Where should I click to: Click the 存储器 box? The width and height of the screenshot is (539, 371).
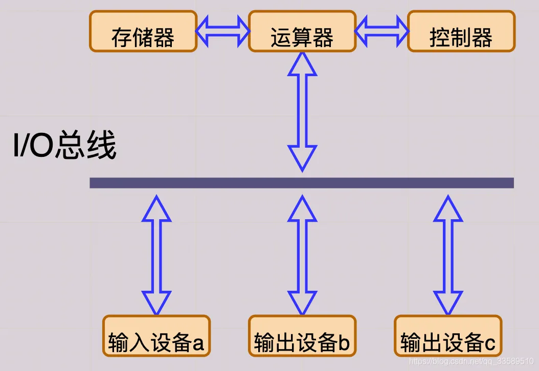coord(143,31)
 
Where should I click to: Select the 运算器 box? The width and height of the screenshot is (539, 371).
coord(302,31)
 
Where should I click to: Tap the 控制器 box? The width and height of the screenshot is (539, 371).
coord(461,31)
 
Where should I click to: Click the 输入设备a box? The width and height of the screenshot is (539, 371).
coord(156,336)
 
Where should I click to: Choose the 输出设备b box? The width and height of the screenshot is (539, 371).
coord(302,336)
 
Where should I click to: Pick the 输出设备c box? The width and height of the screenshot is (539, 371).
coord(448,336)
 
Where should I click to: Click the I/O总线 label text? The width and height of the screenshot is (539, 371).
coord(64,147)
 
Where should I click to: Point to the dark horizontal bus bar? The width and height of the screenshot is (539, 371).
coord(302,183)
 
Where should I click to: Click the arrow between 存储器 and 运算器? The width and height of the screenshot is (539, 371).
coord(223,31)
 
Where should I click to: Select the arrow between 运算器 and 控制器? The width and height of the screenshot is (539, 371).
coord(382,31)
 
